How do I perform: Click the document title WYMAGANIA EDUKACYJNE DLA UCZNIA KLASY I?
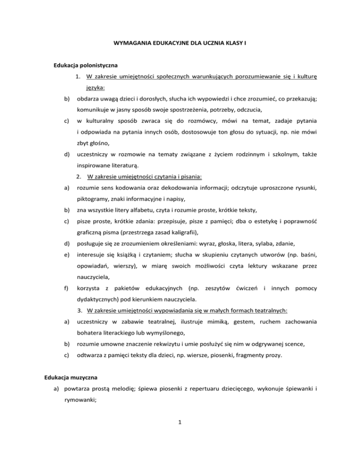(x=180, y=43)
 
